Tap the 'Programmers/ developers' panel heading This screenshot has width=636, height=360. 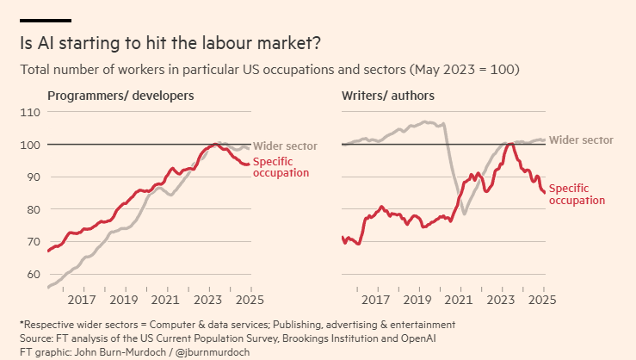(x=120, y=95)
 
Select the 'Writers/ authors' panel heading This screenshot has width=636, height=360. (x=388, y=95)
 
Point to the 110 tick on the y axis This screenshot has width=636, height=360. (x=31, y=112)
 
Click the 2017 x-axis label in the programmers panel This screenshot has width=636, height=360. (x=82, y=300)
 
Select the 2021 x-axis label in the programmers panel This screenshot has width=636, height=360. (x=166, y=300)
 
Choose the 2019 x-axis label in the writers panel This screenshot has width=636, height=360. (x=417, y=300)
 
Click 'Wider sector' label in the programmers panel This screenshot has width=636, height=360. (x=285, y=146)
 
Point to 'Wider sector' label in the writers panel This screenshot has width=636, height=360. (x=581, y=140)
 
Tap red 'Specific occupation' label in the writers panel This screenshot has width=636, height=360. (x=577, y=194)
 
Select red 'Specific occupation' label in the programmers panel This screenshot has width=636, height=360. (x=281, y=167)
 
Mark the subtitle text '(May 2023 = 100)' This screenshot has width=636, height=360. (x=466, y=69)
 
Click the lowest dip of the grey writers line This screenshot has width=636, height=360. (x=465, y=214)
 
